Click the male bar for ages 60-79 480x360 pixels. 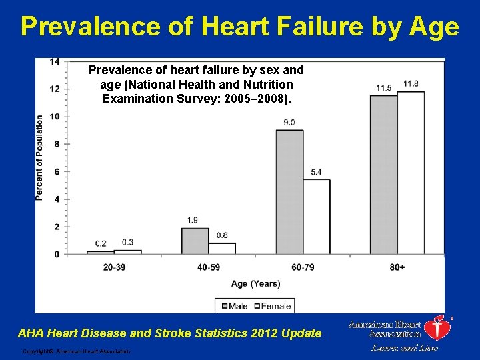(289, 192)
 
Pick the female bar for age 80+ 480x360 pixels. (411, 173)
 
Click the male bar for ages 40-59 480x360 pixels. (195, 241)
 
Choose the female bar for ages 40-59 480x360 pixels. (222, 248)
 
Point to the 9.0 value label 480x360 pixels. (289, 123)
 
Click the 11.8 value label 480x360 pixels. (411, 84)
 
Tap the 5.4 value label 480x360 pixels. (317, 173)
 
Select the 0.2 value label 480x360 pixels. (101, 243)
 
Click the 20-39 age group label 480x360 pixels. (114, 267)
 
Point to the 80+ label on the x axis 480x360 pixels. (397, 267)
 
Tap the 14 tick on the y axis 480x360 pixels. (55, 61)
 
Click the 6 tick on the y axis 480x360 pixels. (57, 171)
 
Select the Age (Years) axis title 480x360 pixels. (255, 284)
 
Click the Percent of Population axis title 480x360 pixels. (40, 157)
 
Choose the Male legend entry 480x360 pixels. (233, 306)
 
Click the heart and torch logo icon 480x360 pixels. (437, 328)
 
